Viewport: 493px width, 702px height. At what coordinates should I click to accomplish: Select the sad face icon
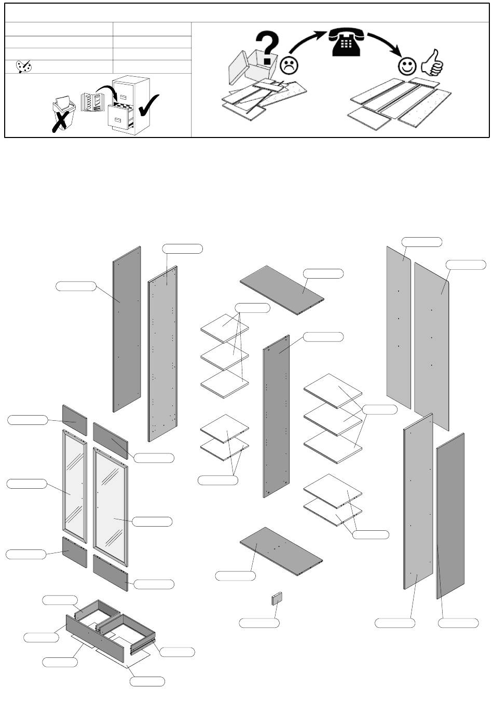tap(289, 65)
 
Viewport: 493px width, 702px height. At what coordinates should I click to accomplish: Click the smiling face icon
tap(407, 66)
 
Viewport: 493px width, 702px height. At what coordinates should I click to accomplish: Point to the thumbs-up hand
tap(432, 63)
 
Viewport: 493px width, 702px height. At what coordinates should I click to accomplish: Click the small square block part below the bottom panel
tap(277, 599)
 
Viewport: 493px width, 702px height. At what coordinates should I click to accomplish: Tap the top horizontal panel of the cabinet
tap(282, 290)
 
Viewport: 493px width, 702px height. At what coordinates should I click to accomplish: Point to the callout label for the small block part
tap(259, 623)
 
